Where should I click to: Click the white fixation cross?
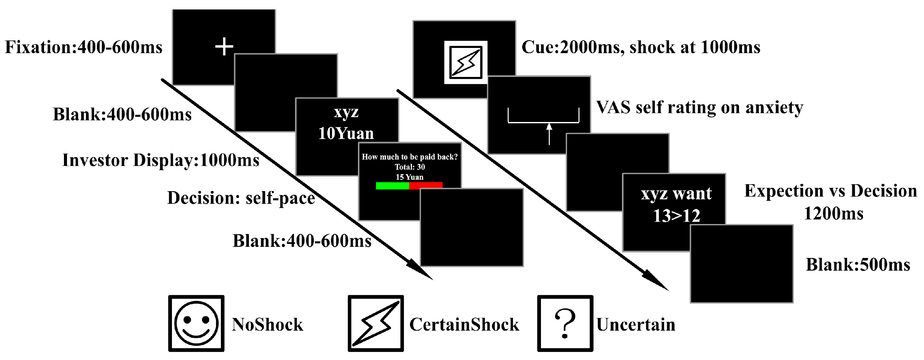click(x=224, y=47)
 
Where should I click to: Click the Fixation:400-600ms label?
click(x=84, y=47)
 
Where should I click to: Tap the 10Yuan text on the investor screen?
click(x=346, y=133)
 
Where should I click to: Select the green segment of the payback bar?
click(x=392, y=185)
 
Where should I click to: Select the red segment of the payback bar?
click(x=426, y=185)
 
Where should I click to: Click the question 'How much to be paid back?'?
click(x=409, y=157)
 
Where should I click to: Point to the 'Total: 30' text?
click(x=409, y=167)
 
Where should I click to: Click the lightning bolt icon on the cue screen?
click(x=466, y=63)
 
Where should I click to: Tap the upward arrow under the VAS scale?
click(x=549, y=134)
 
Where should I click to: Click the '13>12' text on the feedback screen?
click(x=676, y=216)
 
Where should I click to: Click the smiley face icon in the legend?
click(x=196, y=323)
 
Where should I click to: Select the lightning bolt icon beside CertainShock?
click(x=376, y=323)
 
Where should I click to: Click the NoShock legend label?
click(x=267, y=324)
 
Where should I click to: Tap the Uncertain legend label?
click(x=636, y=324)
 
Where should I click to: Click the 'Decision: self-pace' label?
click(x=241, y=198)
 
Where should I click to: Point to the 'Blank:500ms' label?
click(x=858, y=265)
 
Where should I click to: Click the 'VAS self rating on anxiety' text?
click(x=700, y=108)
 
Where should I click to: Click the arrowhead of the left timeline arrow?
click(x=423, y=273)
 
